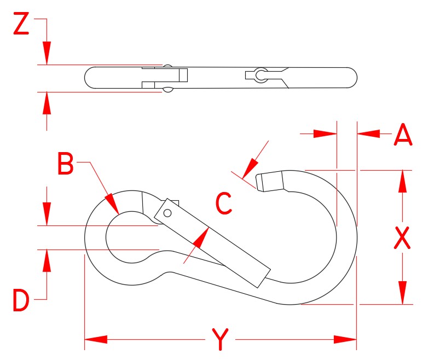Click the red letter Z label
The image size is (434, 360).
[21, 25]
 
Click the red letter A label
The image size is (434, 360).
[403, 135]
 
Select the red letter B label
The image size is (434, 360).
[66, 164]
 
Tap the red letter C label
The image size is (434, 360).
[224, 204]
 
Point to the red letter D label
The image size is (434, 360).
[21, 301]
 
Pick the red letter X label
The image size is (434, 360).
[402, 239]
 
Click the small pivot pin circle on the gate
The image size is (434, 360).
[167, 213]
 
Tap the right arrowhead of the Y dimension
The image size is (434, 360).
[346, 340]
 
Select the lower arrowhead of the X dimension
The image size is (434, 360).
[403, 293]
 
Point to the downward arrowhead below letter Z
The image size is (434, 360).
[47, 54]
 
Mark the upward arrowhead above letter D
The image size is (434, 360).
[47, 261]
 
